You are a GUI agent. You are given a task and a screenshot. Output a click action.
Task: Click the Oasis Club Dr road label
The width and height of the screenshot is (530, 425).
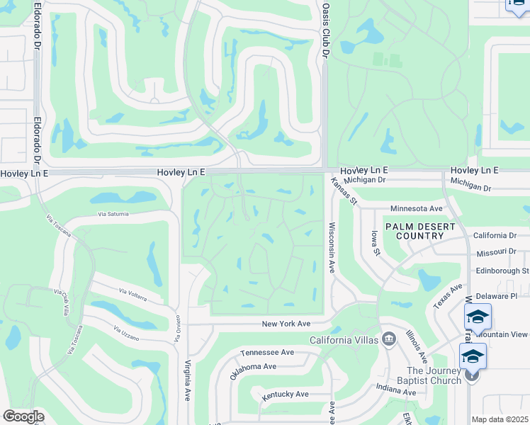pos(326,29)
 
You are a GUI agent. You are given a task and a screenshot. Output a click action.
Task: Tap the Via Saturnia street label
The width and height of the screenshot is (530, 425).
pos(118,213)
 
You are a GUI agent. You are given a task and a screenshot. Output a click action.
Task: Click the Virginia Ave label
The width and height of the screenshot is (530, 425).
pos(188,380)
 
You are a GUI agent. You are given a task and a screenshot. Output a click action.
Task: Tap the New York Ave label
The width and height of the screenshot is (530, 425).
pos(286,324)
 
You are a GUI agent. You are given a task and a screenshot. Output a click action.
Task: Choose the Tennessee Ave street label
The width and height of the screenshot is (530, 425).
pos(267,352)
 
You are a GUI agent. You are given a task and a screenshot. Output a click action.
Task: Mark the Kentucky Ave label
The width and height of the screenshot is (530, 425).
pos(285,394)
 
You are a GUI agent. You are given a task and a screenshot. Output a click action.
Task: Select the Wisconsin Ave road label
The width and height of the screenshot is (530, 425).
pos(331,248)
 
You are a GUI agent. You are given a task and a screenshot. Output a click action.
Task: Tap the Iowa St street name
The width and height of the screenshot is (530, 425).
pos(375,242)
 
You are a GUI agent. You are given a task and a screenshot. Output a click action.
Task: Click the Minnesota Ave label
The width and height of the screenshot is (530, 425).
pos(416,209)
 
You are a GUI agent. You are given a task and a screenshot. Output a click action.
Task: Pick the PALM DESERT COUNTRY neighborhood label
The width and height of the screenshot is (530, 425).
pos(414,230)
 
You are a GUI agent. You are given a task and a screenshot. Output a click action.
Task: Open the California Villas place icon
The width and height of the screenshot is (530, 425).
pos(388,340)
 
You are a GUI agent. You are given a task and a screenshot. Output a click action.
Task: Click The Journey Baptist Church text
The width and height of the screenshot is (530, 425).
pos(434,375)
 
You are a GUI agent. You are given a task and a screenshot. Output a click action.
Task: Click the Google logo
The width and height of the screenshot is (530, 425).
pos(23,416)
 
